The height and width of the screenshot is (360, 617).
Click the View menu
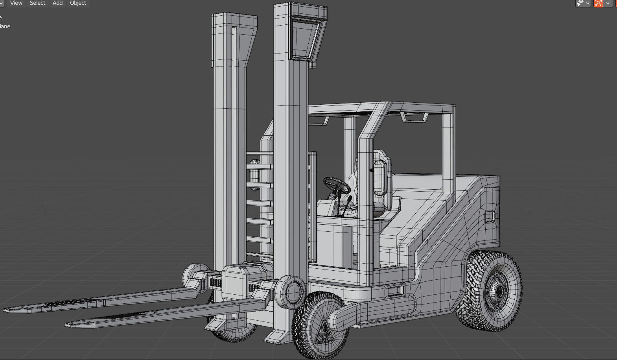[16, 3]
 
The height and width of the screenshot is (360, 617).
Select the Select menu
[37, 3]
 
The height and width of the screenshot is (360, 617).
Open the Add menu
[57, 3]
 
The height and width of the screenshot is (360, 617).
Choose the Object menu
[78, 3]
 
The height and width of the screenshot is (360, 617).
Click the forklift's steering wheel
[337, 185]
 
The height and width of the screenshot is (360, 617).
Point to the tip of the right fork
[70, 324]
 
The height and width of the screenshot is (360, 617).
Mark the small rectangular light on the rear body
[490, 216]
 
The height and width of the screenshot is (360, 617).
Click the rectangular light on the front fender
[395, 292]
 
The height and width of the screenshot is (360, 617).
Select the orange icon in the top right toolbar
[598, 4]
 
